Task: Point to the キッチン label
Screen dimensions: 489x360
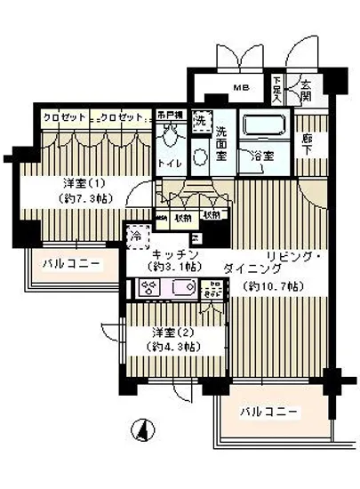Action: coord(180,254)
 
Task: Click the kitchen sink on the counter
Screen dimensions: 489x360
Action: coord(183,287)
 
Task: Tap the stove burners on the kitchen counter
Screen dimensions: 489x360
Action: coord(148,287)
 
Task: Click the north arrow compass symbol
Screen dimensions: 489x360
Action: coord(140,432)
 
